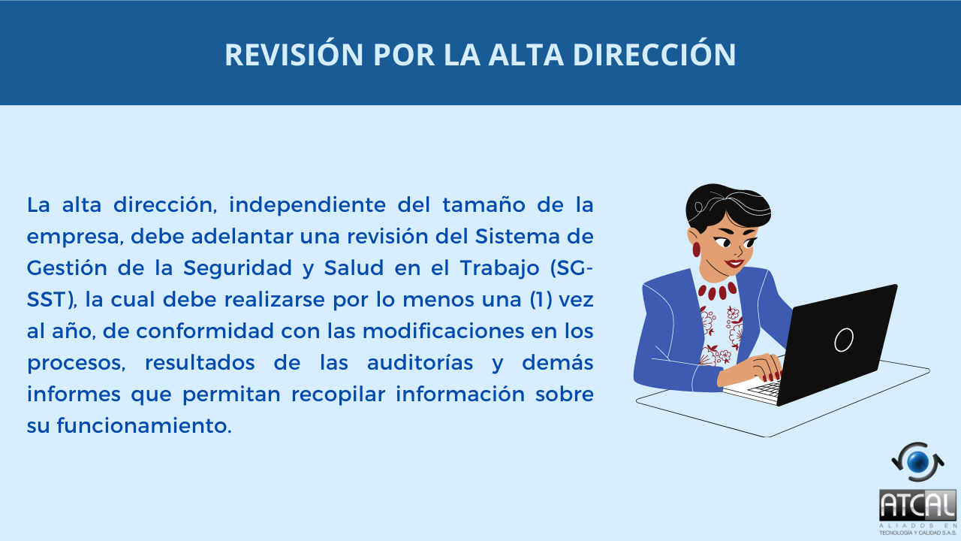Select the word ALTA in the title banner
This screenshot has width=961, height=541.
pyautogui.click(x=526, y=55)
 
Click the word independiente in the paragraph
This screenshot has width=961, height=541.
pyautogui.click(x=307, y=205)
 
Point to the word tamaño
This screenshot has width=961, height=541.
pyautogui.click(x=484, y=205)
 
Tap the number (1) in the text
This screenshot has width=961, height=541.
pyautogui.click(x=541, y=300)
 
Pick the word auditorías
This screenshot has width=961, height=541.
pyautogui.click(x=420, y=362)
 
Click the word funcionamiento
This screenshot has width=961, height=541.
pyautogui.click(x=144, y=425)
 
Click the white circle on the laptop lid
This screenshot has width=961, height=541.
pyautogui.click(x=843, y=340)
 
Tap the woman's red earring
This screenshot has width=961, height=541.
pyautogui.click(x=696, y=249)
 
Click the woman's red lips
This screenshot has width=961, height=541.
pyautogui.click(x=734, y=263)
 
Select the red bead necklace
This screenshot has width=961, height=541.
pyautogui.click(x=717, y=291)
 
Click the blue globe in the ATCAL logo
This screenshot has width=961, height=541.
pyautogui.click(x=917, y=462)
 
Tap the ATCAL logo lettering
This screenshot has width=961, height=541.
pyautogui.click(x=917, y=506)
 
